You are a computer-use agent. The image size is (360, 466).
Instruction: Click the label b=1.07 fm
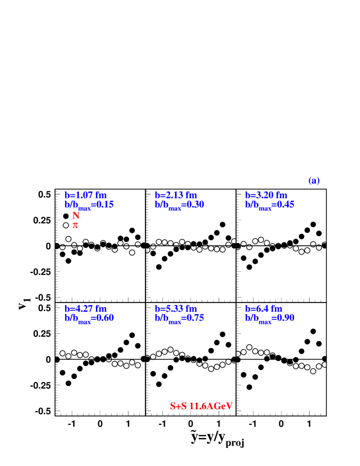[85, 195]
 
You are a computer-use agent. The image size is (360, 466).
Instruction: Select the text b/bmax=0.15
[89, 205]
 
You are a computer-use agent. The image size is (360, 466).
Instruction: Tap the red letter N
[76, 216]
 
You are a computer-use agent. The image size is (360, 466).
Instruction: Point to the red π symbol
[75, 225]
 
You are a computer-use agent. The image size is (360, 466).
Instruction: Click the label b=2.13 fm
[176, 195]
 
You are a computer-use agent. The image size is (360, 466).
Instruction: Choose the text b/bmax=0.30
[180, 205]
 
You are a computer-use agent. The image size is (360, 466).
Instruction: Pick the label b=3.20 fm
[266, 195]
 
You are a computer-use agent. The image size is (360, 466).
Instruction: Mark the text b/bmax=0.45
[270, 205]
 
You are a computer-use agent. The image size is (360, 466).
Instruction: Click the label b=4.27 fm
[85, 309]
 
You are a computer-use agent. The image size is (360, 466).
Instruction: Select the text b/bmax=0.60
[89, 318]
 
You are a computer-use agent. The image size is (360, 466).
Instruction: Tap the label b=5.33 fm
[176, 309]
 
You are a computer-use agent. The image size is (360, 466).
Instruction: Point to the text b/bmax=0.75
[180, 318]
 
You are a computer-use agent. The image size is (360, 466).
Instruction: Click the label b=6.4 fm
[264, 309]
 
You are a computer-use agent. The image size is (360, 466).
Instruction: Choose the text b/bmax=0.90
[270, 318]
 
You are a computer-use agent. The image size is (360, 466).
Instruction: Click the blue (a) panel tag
[314, 181]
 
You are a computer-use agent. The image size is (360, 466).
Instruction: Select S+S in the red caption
[178, 406]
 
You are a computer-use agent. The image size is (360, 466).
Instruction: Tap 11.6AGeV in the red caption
[211, 406]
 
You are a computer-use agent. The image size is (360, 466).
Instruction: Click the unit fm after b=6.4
[276, 309]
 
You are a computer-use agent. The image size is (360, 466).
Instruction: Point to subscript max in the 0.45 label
[265, 208]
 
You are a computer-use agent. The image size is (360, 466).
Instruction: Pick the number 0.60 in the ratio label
[104, 318]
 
